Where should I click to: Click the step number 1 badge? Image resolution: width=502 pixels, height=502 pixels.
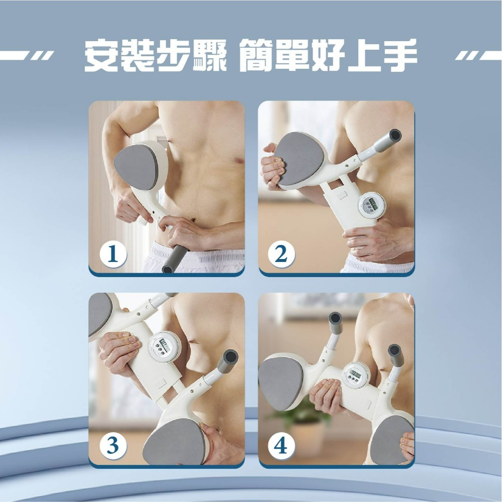(x=113, y=255)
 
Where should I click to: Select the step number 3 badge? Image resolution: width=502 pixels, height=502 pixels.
(x=113, y=446)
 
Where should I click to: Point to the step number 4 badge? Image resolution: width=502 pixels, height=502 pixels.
(x=282, y=446)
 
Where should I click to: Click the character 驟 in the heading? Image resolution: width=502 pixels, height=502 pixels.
(x=210, y=55)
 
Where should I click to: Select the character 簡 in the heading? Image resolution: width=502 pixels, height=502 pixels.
(x=257, y=55)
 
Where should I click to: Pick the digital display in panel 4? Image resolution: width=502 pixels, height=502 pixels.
(x=355, y=373)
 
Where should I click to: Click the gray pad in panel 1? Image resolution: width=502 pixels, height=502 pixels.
(x=137, y=167)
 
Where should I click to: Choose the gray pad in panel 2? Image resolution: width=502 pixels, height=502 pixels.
(x=300, y=159)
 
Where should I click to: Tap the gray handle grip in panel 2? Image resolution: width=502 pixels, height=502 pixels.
(x=388, y=140)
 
